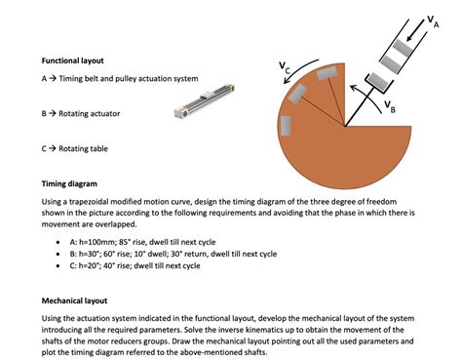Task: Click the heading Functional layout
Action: click(x=72, y=60)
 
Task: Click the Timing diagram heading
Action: click(x=69, y=183)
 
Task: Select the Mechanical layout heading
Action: click(x=75, y=300)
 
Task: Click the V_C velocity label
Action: click(x=284, y=67)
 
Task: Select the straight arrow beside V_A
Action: click(x=417, y=30)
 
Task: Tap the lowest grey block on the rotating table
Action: click(x=286, y=125)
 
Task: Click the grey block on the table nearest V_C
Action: click(x=330, y=72)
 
